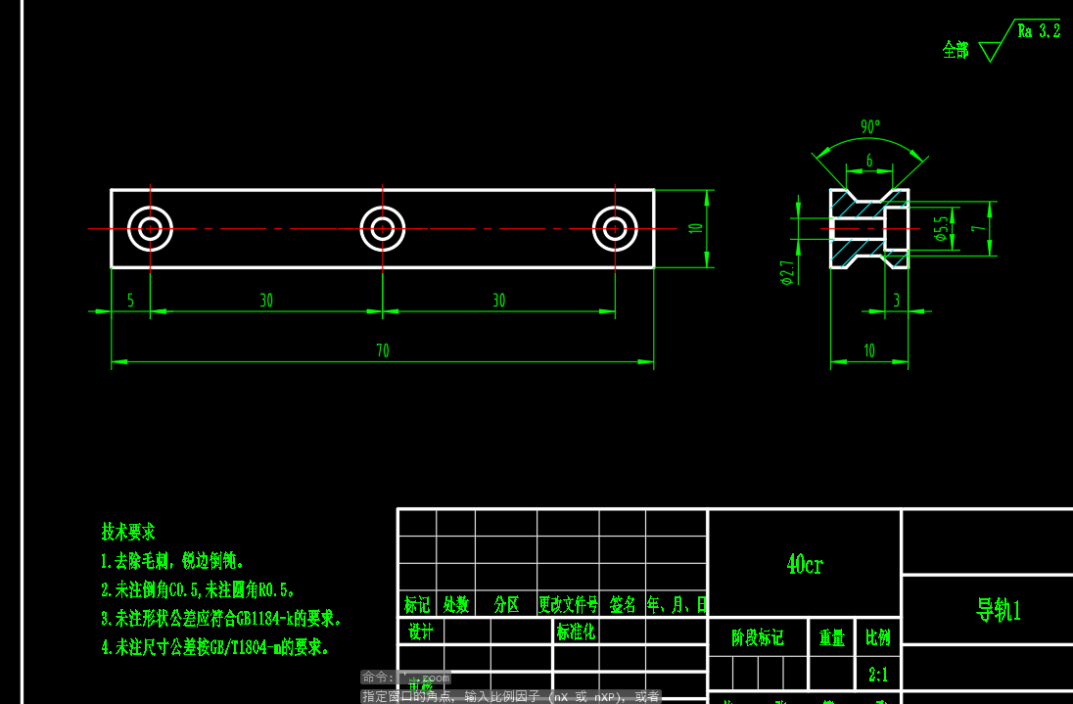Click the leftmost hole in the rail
click(150, 228)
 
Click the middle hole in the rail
click(382, 228)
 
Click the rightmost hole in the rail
click(615, 228)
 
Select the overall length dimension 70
click(382, 351)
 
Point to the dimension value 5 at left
click(130, 301)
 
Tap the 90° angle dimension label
click(870, 127)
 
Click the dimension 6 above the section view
click(868, 161)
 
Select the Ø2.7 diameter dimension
click(786, 273)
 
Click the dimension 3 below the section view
click(897, 301)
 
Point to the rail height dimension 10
click(696, 228)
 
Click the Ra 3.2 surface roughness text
click(1039, 31)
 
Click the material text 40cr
click(805, 564)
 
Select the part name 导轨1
click(998, 610)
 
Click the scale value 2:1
click(878, 675)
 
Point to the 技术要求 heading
click(128, 532)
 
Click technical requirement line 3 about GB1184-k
click(221, 619)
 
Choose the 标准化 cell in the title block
click(576, 632)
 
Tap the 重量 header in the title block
click(832, 638)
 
